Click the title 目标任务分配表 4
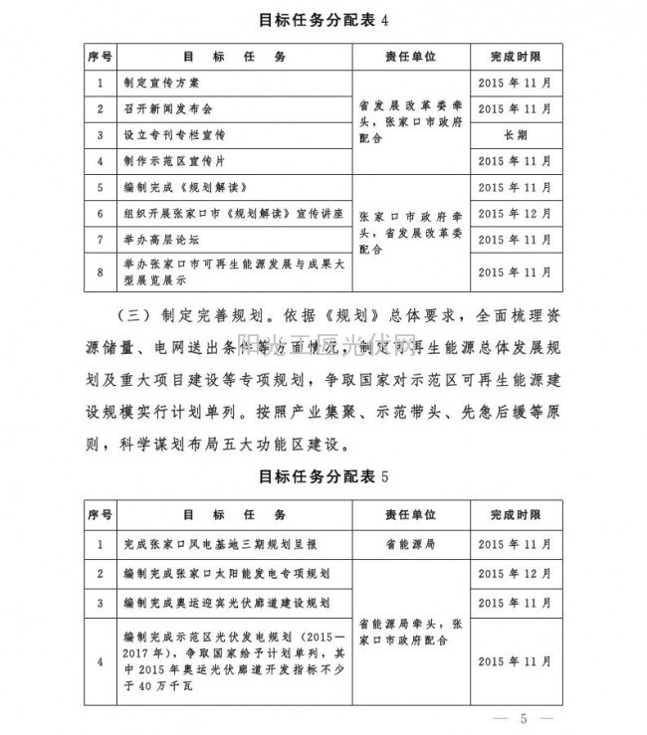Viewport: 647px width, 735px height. coord(323,19)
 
